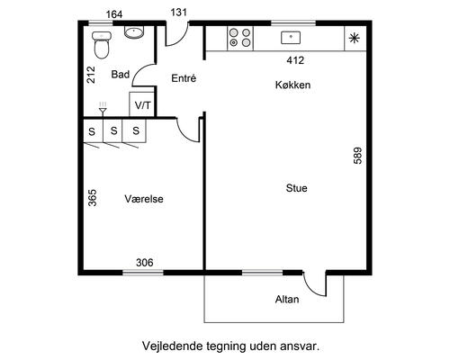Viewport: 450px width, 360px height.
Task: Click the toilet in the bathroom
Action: tap(101, 41)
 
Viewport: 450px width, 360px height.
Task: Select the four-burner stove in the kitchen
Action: tap(238, 38)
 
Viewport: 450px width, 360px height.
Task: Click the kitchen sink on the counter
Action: tap(290, 38)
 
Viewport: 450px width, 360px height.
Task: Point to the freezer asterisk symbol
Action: tap(354, 38)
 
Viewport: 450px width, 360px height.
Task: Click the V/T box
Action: tap(142, 104)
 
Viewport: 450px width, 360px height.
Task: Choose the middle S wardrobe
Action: tap(113, 131)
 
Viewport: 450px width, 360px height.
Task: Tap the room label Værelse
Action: tap(145, 199)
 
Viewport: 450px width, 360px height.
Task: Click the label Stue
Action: tap(297, 189)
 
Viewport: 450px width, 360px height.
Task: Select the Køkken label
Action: tap(293, 85)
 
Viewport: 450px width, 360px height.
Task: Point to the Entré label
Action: tap(183, 79)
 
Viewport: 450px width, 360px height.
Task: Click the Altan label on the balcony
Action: tap(287, 300)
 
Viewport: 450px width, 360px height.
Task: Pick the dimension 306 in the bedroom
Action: tap(144, 263)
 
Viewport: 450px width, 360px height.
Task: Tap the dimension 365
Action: tap(93, 198)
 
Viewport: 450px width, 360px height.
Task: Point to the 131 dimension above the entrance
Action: tap(180, 13)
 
